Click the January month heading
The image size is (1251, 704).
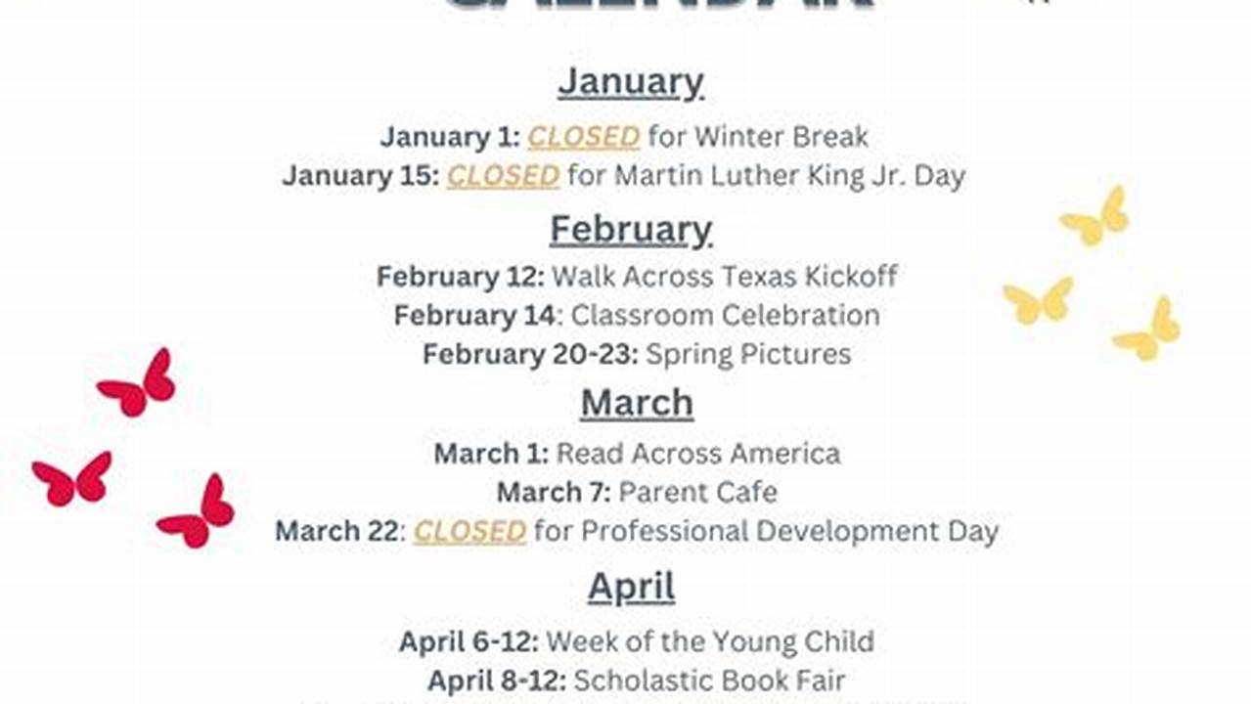point(631,82)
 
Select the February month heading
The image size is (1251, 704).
point(631,231)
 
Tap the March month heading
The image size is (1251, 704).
point(637,403)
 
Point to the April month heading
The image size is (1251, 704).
point(631,588)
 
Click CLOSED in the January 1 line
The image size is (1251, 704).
point(584,137)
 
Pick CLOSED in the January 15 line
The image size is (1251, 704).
point(503,176)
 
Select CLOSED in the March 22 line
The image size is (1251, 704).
point(469,532)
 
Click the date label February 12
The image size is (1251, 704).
point(461,277)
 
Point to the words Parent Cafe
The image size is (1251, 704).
point(698,493)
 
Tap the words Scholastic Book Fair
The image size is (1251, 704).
point(709,681)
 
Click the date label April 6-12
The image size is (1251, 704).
point(469,642)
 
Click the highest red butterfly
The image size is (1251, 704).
point(137,383)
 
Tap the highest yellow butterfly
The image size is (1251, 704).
point(1095,217)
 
